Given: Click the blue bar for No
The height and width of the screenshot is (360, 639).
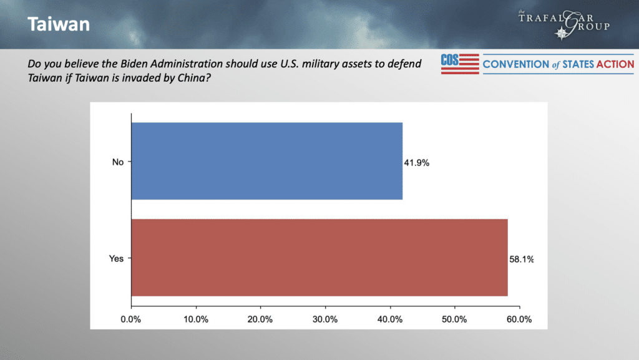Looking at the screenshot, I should click(266, 161).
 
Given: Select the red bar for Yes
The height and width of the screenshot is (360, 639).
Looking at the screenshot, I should click(319, 258).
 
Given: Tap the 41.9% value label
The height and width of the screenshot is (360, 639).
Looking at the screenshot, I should click(417, 163).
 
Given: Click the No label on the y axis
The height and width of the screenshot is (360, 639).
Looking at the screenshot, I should click(118, 162).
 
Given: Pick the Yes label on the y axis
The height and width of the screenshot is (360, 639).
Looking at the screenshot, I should click(117, 258).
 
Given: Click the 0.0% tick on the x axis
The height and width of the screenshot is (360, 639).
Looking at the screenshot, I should click(131, 319).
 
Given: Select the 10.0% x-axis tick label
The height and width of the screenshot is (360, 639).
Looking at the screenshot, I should click(196, 319).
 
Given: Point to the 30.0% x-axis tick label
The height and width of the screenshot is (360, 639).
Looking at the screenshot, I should click(325, 319).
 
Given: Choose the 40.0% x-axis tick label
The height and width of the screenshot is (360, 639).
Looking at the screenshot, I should click(390, 319).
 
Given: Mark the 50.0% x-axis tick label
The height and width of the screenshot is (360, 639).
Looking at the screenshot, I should click(454, 319).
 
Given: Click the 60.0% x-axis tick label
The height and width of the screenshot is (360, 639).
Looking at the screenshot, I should click(519, 319).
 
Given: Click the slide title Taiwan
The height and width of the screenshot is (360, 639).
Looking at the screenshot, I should click(58, 25).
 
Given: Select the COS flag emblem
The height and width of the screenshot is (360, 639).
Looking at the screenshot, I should click(460, 64).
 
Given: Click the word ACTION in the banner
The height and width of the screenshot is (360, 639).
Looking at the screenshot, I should click(612, 64).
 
